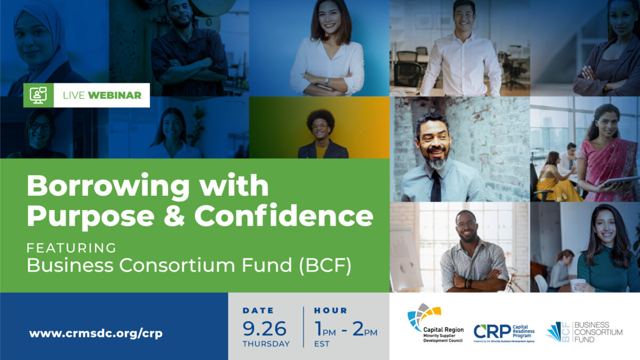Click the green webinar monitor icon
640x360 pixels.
[x=38, y=95]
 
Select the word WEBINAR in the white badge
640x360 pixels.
[x=115, y=95]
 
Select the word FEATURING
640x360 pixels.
[x=71, y=247]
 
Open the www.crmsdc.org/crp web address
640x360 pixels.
[x=96, y=334]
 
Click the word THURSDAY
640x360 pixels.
[x=266, y=344]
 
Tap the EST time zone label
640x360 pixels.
[x=322, y=344]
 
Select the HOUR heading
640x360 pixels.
[x=330, y=310]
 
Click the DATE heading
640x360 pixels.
[x=258, y=310]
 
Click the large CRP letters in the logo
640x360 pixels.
[x=492, y=332]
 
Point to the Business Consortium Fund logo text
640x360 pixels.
[x=598, y=332]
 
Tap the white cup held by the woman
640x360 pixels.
[x=577, y=284]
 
